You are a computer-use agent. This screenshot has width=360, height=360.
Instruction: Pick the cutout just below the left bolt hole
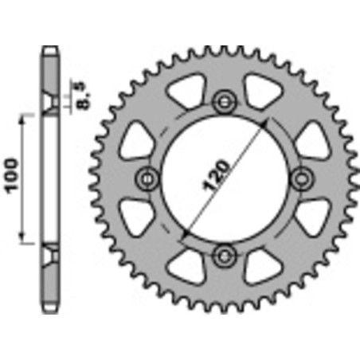coord(138,211)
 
